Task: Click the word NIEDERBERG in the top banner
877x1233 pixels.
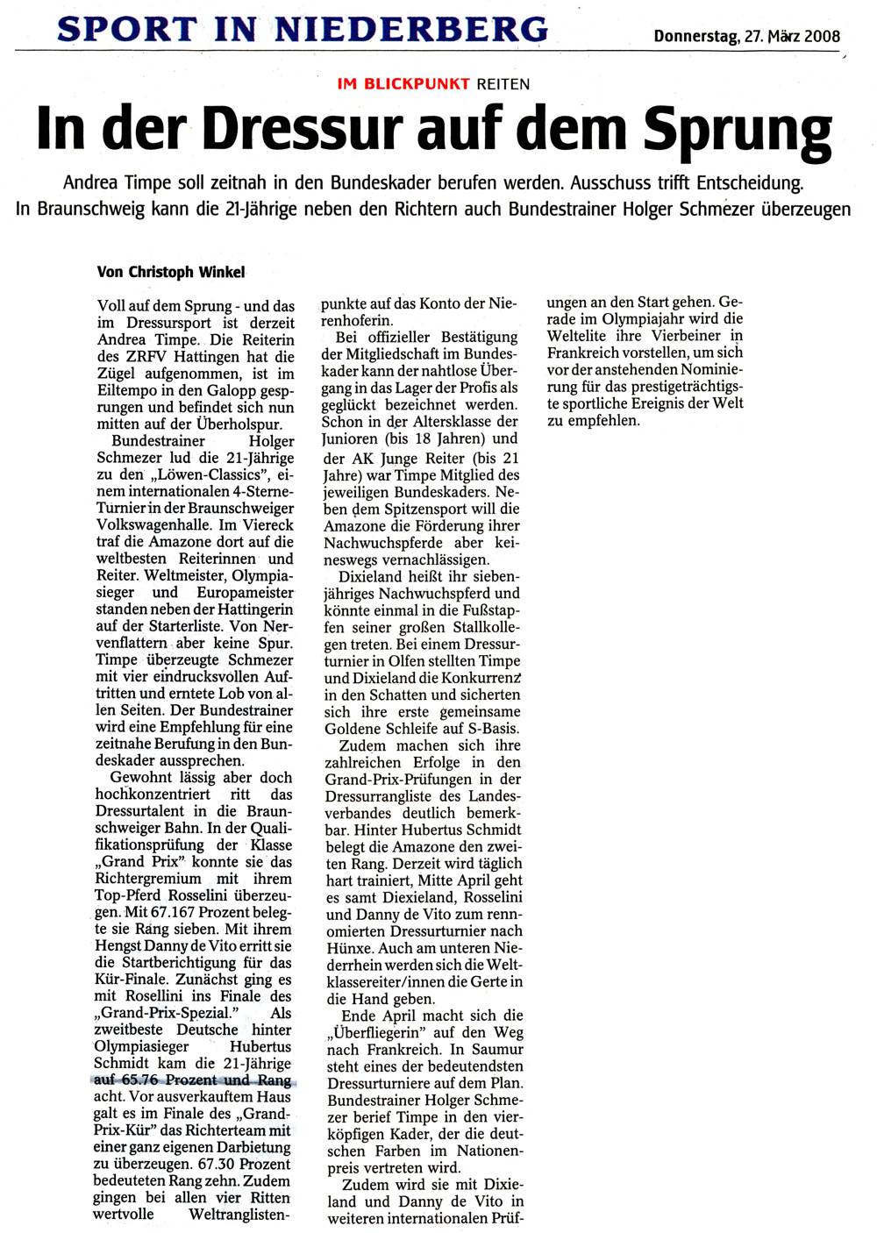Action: coord(411,29)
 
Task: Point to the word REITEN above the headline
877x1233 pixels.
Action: coord(503,84)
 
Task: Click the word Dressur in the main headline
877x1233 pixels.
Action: coord(304,130)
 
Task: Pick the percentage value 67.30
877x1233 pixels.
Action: coord(219,1164)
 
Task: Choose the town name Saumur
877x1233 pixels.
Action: coord(497,1050)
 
